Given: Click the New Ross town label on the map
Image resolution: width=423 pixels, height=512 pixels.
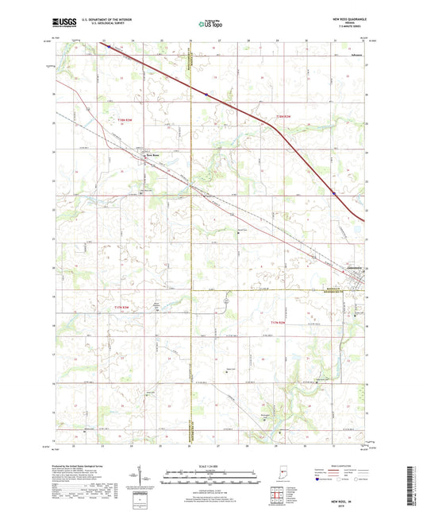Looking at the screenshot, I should [151, 154].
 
